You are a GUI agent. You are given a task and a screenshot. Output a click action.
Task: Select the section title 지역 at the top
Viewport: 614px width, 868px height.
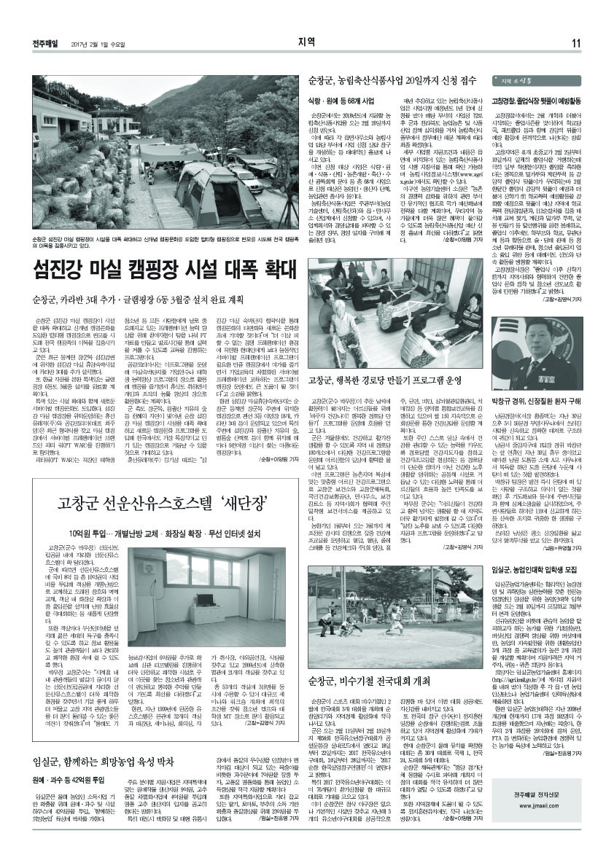[306, 42]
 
